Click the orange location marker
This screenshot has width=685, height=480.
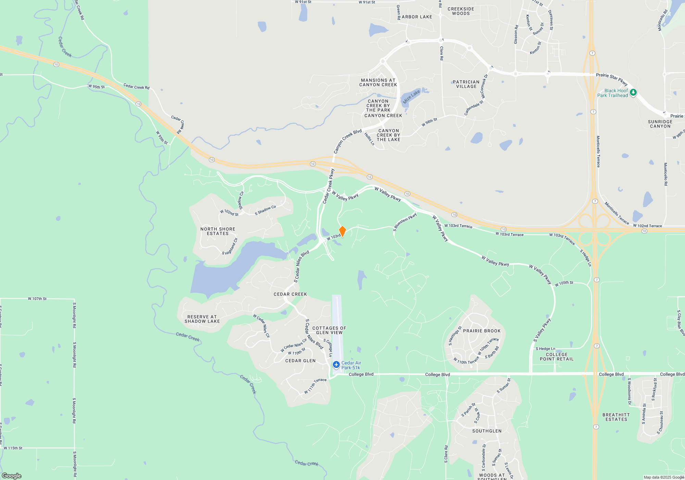(342, 231)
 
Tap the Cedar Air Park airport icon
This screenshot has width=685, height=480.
(336, 364)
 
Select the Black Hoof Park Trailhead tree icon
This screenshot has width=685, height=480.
(633, 92)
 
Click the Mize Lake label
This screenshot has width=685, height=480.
(411, 97)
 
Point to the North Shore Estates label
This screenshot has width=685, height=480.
(218, 231)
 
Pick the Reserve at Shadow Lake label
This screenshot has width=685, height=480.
(202, 319)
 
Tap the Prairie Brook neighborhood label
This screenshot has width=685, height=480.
(482, 331)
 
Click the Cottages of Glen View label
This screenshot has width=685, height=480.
(329, 330)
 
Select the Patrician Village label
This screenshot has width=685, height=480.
(466, 84)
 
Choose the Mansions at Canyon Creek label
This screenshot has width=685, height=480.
(378, 83)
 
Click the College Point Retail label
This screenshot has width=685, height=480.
(557, 357)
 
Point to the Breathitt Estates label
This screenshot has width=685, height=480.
(616, 417)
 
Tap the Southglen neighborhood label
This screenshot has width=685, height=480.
(487, 431)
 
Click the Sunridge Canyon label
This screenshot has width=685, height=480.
(660, 124)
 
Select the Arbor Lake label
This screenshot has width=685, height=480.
(417, 17)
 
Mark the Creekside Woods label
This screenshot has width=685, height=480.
(461, 11)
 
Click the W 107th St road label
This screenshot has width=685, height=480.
(37, 299)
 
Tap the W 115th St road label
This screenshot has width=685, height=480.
(13, 448)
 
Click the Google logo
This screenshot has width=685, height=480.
(12, 476)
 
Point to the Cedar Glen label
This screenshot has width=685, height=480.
(300, 361)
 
